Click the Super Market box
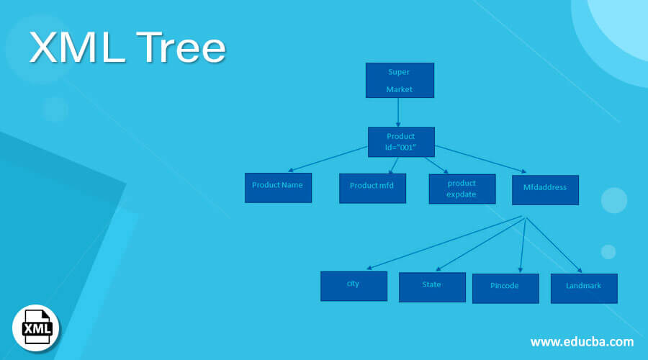pyautogui.click(x=400, y=80)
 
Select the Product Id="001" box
pyautogui.click(x=401, y=142)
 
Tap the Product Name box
pyautogui.click(x=278, y=187)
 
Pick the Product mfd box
pyautogui.click(x=372, y=188)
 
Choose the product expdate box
pyautogui.click(x=462, y=189)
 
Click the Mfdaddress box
pyautogui.click(x=545, y=189)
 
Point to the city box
pyautogui.click(x=354, y=285)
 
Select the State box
pyautogui.click(x=432, y=287)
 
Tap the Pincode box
pyautogui.click(x=505, y=288)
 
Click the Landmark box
pyautogui.click(x=583, y=287)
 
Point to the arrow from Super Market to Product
pyautogui.click(x=398, y=112)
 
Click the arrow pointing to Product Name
pyautogui.click(x=328, y=159)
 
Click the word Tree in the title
pyautogui.click(x=172, y=48)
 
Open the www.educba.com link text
pyautogui.click(x=582, y=341)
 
